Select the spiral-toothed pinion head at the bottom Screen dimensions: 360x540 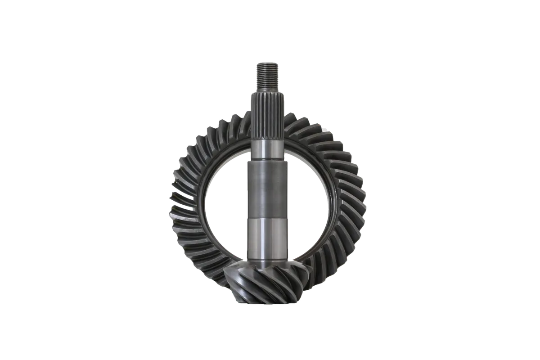click(x=265, y=281)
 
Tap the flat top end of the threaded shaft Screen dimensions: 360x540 click(x=268, y=63)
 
